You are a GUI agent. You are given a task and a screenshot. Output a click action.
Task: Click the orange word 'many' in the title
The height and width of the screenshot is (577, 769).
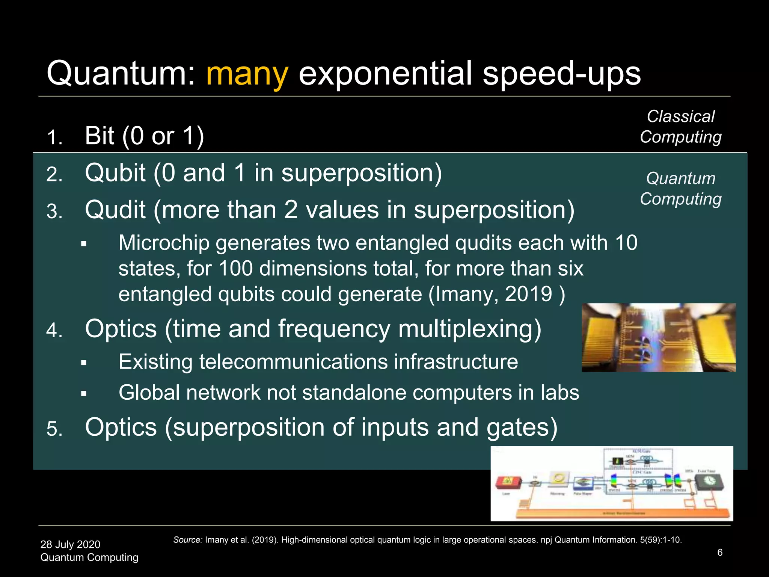click(247, 74)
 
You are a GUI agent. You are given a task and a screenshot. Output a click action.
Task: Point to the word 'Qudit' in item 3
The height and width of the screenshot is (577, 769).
click(115, 210)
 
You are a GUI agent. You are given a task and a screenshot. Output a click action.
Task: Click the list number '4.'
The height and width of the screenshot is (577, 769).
click(54, 331)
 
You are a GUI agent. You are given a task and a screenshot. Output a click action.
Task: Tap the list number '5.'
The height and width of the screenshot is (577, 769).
click(54, 429)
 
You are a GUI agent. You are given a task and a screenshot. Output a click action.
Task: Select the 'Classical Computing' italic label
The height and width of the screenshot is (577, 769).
click(680, 127)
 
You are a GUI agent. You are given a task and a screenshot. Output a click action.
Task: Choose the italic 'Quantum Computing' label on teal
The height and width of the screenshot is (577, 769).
click(680, 189)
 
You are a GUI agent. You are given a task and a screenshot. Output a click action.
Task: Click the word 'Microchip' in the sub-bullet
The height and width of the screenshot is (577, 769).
click(164, 243)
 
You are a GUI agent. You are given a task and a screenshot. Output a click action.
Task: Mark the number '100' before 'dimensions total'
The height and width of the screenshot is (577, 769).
click(235, 269)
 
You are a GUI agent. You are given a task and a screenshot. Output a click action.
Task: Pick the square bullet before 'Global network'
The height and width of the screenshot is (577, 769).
click(84, 394)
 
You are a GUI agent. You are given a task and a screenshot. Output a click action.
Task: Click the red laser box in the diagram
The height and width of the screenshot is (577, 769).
click(508, 482)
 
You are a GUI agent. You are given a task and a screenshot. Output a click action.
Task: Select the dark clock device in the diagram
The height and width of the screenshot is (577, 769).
click(708, 481)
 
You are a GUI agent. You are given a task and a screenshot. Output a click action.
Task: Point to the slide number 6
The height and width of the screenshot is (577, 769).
click(720, 552)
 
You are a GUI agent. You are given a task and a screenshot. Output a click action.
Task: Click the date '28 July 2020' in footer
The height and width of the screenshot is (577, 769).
click(70, 544)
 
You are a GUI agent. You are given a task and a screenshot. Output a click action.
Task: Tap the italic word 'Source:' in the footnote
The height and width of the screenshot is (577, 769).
click(188, 540)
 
